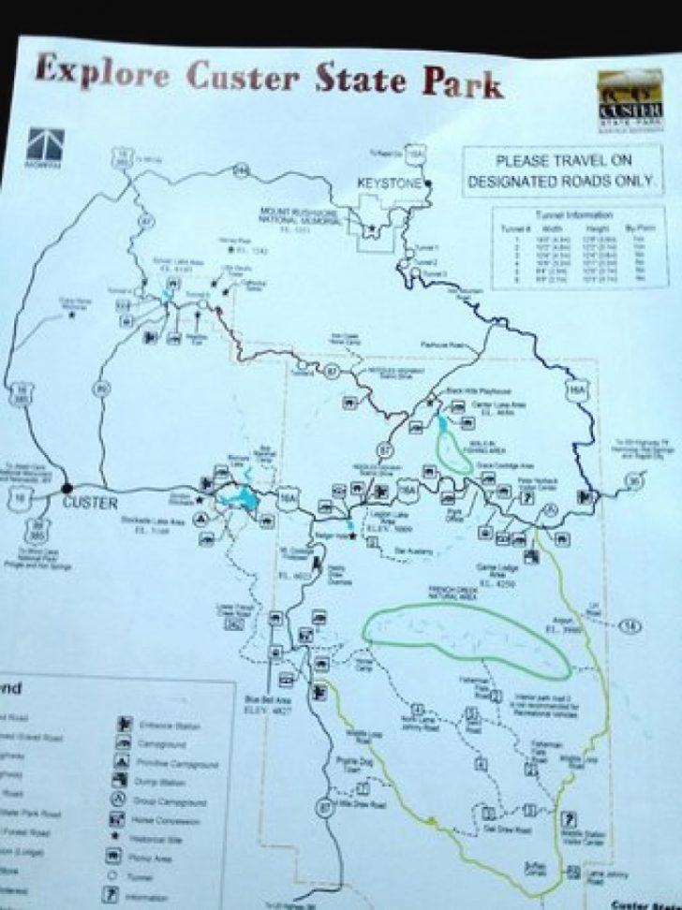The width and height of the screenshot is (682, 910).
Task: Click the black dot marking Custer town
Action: pyautogui.click(x=67, y=488)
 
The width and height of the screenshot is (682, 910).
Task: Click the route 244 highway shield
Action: pyautogui.click(x=243, y=169)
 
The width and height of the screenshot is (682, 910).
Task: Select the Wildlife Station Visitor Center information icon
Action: pyautogui.click(x=570, y=816)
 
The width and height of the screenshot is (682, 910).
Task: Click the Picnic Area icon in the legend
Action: pyautogui.click(x=121, y=856)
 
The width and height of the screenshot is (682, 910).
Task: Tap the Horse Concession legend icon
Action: pyautogui.click(x=121, y=817)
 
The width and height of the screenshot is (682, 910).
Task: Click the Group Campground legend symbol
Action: pyautogui.click(x=121, y=798)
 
